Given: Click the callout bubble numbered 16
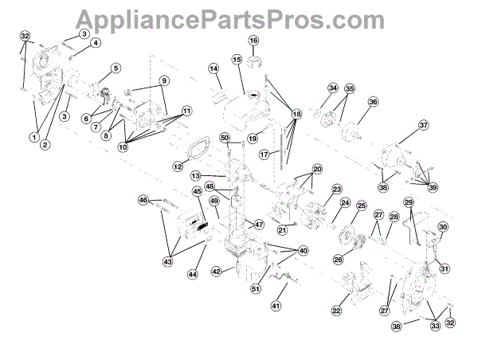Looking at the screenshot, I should pos(254,41).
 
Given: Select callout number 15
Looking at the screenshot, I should pos(237,60).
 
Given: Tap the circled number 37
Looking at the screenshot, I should pos(424,126).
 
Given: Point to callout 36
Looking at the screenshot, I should pos(372,102).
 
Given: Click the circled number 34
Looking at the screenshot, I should pos(333,88).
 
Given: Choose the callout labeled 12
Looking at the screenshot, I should pos(177,166).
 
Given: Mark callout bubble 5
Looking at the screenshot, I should pos(116,68).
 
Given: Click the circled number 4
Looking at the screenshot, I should pos(96,43).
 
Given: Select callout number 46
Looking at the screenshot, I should pos(143,199).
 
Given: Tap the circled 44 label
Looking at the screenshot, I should pos(193,274).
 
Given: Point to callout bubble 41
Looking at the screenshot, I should pos(276,305).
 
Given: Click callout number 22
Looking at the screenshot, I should pos(335,311).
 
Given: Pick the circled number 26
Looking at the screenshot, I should pos(338,260).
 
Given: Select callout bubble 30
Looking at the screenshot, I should pos(443,227).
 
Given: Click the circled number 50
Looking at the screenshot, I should pos(225,139).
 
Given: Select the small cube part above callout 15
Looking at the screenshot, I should pos(254,57).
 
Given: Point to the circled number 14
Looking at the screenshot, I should pos(214,69).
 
